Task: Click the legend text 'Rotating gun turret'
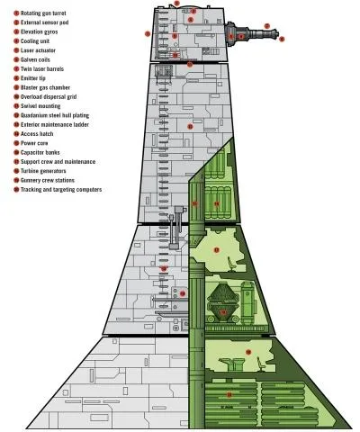(43, 13)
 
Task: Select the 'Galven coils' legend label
(35, 59)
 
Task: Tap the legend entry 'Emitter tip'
(33, 78)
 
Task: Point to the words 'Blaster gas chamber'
(45, 87)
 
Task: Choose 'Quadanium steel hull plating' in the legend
(55, 115)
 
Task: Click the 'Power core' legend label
(34, 143)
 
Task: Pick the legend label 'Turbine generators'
(43, 171)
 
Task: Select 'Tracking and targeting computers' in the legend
(61, 190)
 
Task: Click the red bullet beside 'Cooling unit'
(16, 41)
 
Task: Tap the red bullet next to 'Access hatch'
(16, 134)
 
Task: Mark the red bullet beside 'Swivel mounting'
(16, 106)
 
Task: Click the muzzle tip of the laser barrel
(278, 34)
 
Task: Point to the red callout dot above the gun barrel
(267, 26)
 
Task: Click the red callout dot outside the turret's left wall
(148, 34)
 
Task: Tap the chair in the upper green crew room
(231, 265)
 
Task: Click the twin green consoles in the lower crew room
(231, 364)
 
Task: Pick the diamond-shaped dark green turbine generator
(222, 303)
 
